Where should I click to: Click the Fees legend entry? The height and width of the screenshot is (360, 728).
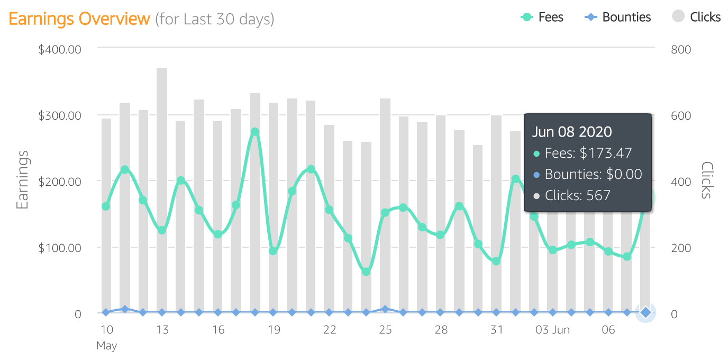[x=542, y=17]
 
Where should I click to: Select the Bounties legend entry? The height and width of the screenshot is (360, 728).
[x=617, y=17]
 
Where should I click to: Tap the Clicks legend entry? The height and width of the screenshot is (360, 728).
[x=696, y=17]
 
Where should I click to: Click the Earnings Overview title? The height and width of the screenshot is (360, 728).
[x=79, y=19]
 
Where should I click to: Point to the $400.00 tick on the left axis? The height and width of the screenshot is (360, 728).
[x=60, y=49]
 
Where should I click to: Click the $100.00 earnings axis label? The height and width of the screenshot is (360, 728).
[x=60, y=248]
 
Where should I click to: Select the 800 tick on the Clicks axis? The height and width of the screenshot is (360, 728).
[x=681, y=49]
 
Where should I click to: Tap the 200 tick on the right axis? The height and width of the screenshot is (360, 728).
[x=681, y=248]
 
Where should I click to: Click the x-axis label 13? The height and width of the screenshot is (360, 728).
[x=162, y=330]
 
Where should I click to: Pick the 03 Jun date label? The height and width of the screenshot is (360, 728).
[x=552, y=330]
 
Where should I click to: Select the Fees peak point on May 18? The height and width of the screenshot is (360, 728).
[x=255, y=132]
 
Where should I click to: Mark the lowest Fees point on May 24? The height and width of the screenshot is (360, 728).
[x=366, y=272]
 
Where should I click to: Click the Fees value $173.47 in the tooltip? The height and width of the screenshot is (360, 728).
[x=606, y=154]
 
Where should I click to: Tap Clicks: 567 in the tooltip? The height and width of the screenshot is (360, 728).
[x=578, y=195]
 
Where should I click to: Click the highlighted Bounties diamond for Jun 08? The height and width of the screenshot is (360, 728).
[x=645, y=313]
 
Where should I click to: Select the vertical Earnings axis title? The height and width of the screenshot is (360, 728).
[x=22, y=180]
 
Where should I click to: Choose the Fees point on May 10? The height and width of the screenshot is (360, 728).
[x=106, y=206]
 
